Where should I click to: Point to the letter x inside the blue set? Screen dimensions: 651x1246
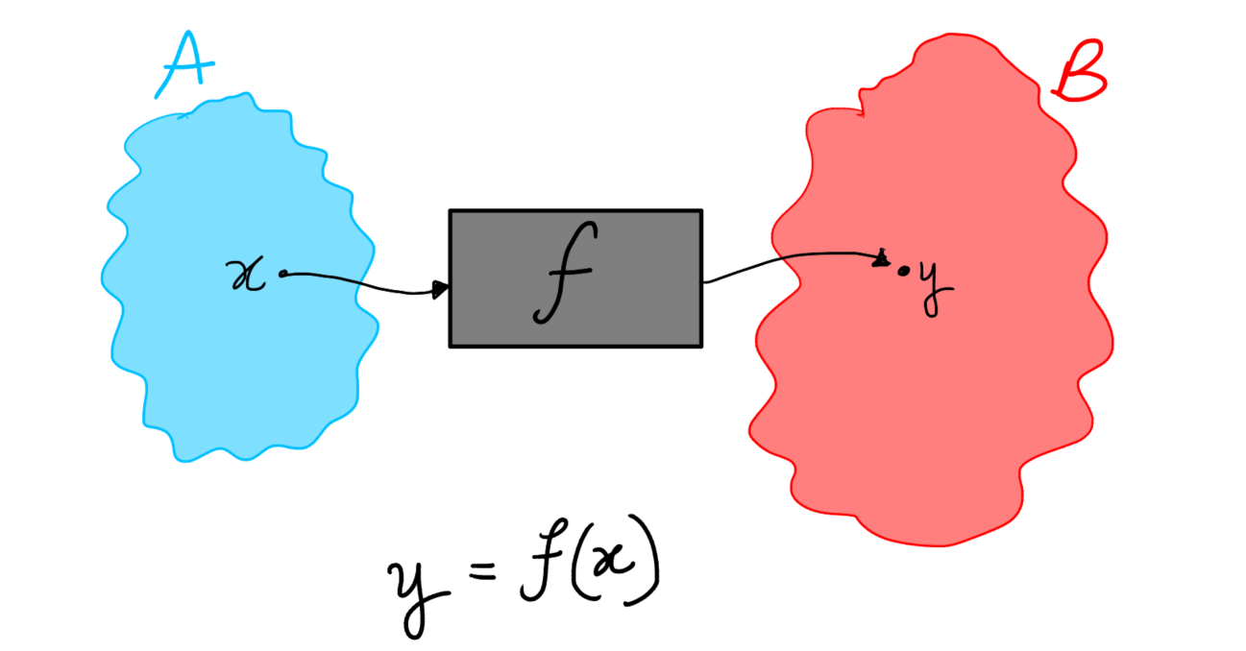248,277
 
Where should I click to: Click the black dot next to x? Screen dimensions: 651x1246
282,275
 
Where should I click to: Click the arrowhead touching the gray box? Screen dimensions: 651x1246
441,289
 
